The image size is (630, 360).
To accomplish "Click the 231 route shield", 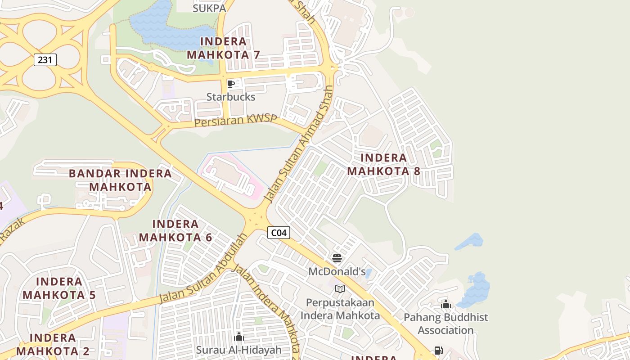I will pyautogui.click(x=45, y=59).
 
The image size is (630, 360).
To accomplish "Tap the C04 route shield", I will pyautogui.click(x=279, y=233).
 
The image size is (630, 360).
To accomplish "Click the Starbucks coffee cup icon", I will pyautogui.click(x=231, y=84).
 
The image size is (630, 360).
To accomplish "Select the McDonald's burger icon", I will pyautogui.click(x=337, y=258).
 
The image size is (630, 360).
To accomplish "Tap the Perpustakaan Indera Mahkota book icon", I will pyautogui.click(x=340, y=289).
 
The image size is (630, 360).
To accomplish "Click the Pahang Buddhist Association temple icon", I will pyautogui.click(x=446, y=304).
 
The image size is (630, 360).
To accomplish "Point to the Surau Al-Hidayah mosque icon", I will pyautogui.click(x=239, y=337).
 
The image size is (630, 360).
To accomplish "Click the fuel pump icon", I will pyautogui.click(x=438, y=351).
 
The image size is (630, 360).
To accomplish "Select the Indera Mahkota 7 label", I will pyautogui.click(x=224, y=48).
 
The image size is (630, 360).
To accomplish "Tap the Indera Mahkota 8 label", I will pyautogui.click(x=384, y=164).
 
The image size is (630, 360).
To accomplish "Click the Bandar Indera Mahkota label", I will pyautogui.click(x=120, y=180).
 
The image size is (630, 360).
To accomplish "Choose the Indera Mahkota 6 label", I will pyautogui.click(x=175, y=230).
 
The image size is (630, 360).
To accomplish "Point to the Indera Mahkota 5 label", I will pyautogui.click(x=59, y=288).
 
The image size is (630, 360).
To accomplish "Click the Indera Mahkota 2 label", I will pyautogui.click(x=53, y=344).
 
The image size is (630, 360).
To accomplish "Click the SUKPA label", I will pyautogui.click(x=209, y=8).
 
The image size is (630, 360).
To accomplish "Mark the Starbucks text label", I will pyautogui.click(x=231, y=97).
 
